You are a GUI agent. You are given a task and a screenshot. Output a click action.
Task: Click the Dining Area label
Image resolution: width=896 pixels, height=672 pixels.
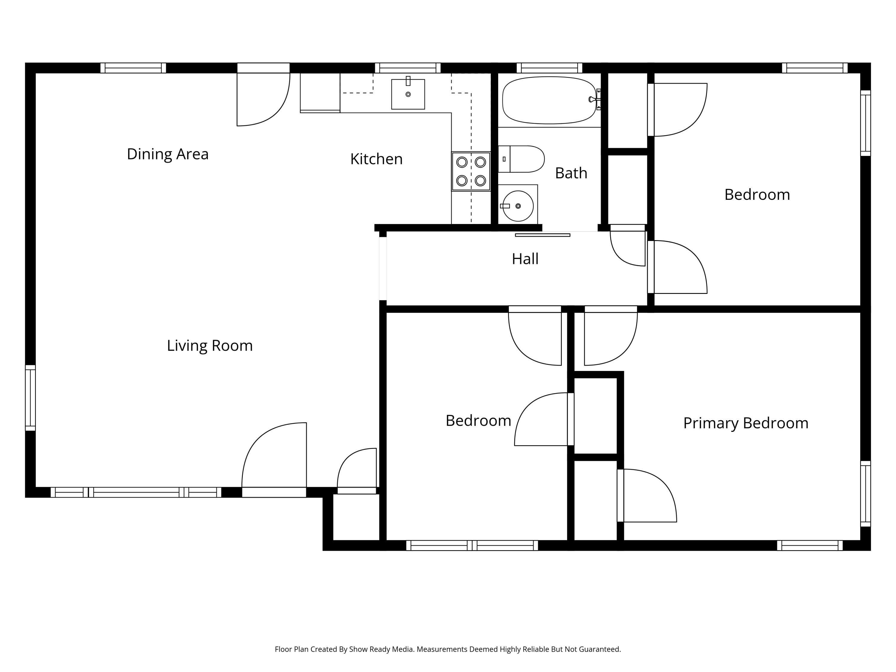(x=168, y=154)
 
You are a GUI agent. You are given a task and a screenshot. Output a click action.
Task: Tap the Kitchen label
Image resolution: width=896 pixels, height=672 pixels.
(x=376, y=159)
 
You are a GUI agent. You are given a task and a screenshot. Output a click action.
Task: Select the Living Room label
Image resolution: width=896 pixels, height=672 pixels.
(x=210, y=346)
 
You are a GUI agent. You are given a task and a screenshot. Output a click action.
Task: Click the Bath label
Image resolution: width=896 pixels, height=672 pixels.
(x=571, y=173)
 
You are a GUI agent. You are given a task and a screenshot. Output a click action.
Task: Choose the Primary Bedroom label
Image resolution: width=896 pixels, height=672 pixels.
(x=746, y=423)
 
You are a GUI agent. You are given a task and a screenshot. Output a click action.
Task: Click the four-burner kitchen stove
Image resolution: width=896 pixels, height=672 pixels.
(x=471, y=171)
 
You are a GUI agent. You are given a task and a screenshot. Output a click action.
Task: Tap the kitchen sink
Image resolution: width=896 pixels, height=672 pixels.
(x=408, y=94)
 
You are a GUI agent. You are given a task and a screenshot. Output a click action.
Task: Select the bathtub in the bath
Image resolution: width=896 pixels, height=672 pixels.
(x=549, y=100)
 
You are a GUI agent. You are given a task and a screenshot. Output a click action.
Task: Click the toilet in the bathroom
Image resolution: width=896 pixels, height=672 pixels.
(x=521, y=159)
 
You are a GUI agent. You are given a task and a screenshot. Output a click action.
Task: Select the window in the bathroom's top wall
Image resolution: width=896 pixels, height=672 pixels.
(x=549, y=67)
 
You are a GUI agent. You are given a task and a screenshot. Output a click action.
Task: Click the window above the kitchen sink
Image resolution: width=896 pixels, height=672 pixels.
(x=407, y=67)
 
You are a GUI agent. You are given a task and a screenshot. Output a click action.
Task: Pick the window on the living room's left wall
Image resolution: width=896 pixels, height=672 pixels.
(x=30, y=398)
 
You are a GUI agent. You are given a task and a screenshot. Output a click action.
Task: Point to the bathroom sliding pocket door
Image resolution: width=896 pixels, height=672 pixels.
(x=542, y=235)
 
